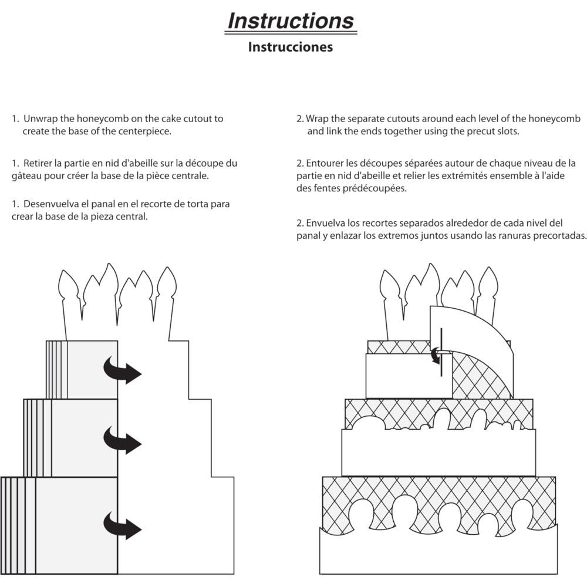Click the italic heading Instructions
coord(291,21)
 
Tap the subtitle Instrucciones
coord(290,47)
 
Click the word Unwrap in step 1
coord(39,119)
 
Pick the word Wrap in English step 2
coord(317,119)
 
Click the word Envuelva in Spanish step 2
coord(325,224)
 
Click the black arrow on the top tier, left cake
coord(123,370)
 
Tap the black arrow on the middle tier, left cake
coord(123,439)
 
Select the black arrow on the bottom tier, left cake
coord(123,524)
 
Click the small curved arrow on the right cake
coord(435,353)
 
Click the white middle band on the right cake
coord(438,452)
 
